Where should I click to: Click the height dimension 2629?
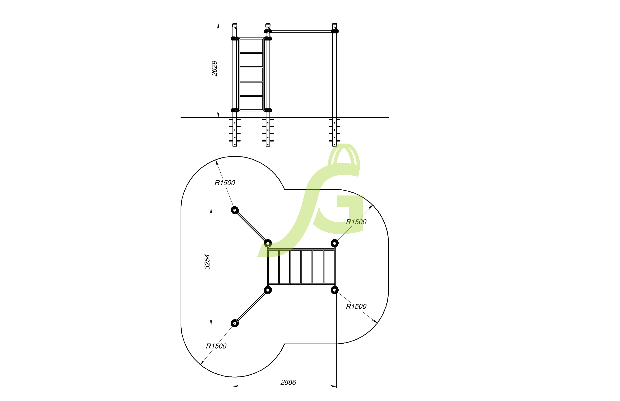point(215,69)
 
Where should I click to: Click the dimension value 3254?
point(207,262)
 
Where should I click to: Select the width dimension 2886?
point(288,382)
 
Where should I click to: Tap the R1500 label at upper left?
point(225,183)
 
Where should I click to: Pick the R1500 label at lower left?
point(216,346)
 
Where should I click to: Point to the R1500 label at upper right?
point(356,222)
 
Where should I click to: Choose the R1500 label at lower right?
point(356,307)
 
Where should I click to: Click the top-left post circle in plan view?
point(235,210)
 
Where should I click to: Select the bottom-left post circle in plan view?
point(235,323)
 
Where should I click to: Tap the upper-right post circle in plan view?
point(335,244)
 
